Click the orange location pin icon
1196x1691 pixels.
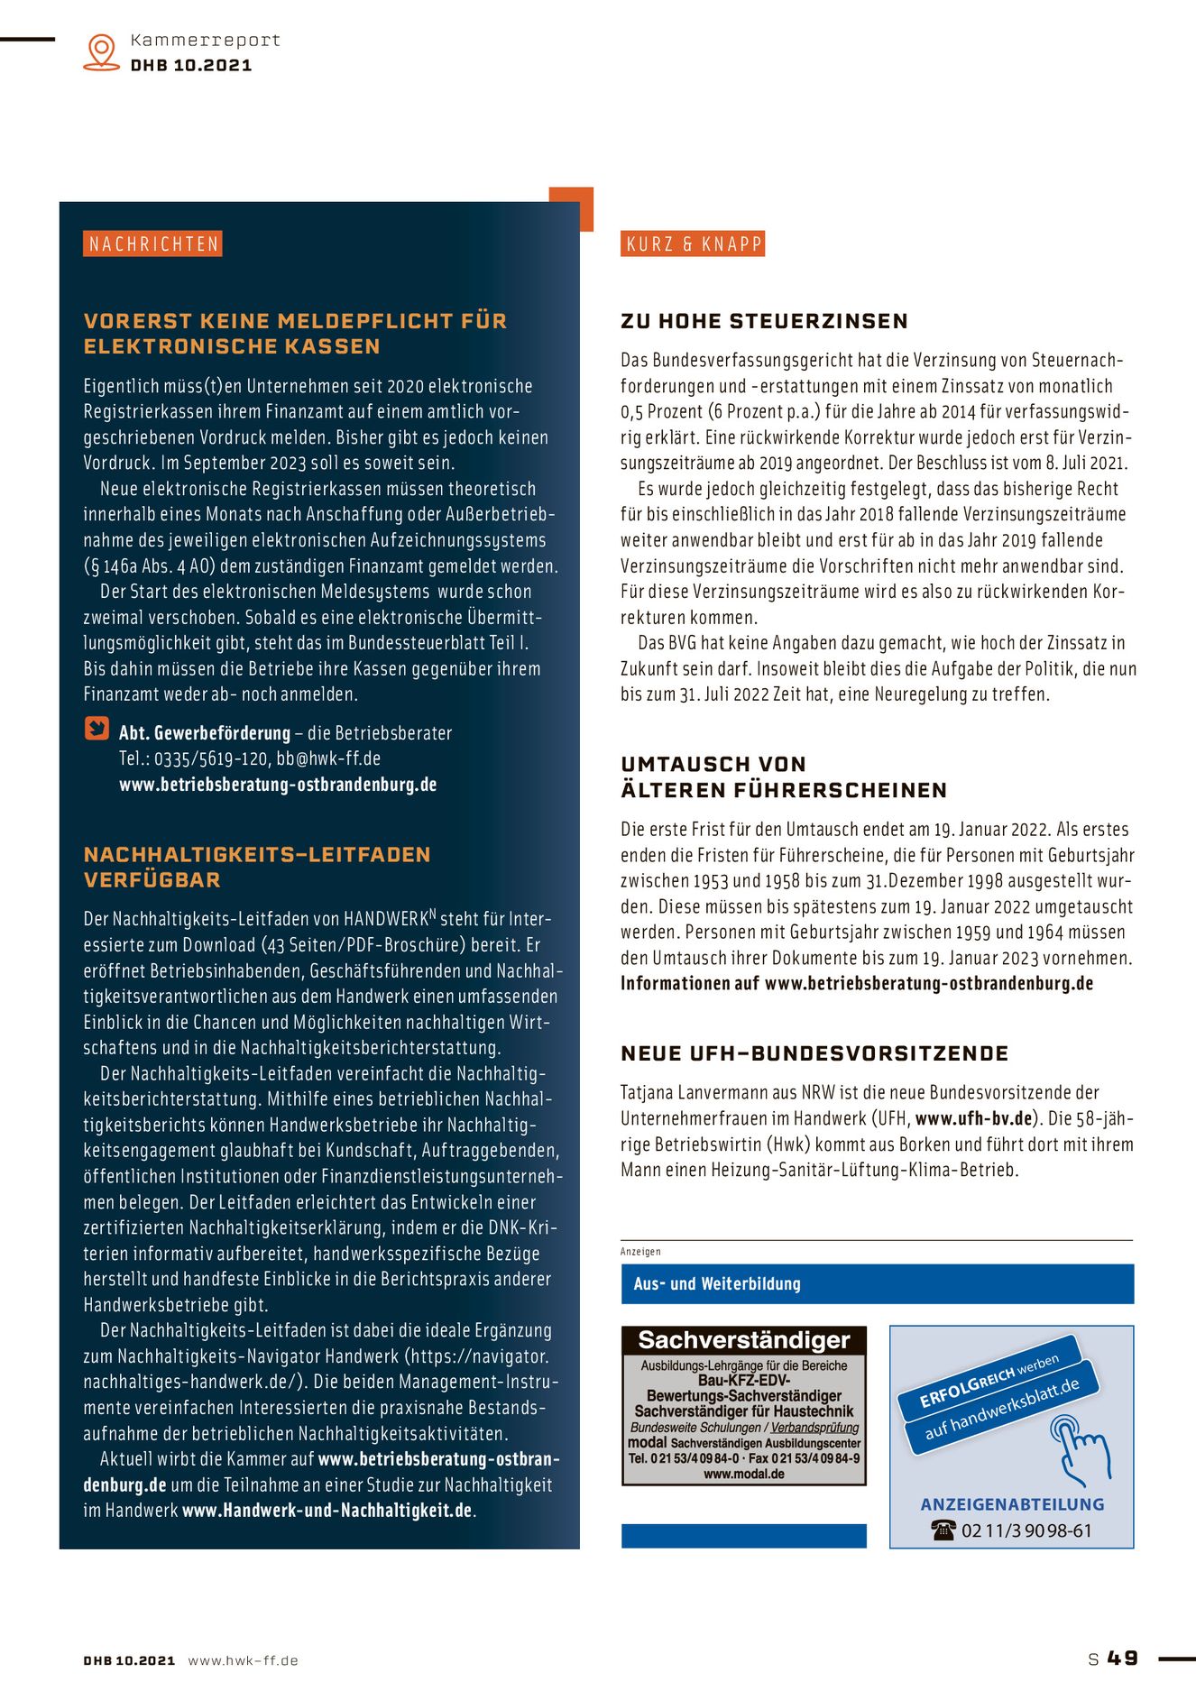pos(101,51)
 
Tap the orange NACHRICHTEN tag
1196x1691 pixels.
pos(153,244)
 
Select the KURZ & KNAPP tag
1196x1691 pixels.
pos(693,244)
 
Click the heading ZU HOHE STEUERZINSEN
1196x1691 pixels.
pos(764,321)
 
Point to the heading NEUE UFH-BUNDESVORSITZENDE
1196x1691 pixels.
pos(814,1053)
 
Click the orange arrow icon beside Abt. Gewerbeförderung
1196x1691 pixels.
pos(97,729)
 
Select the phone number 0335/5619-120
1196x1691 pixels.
pos(212,758)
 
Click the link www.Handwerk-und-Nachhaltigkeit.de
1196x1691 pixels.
pos(327,1510)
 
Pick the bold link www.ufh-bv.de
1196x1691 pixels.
pos(973,1118)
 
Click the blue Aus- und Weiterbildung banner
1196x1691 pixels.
pos(877,1283)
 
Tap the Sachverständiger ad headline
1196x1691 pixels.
pos(744,1340)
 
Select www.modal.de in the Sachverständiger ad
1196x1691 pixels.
pos(744,1474)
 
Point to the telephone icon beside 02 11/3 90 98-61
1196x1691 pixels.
pos(943,1530)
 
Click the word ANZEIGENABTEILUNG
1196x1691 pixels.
pos(1012,1504)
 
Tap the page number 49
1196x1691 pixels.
pos(1123,1659)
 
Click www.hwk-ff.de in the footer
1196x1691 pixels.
pos(243,1660)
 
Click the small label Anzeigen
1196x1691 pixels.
pos(640,1252)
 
